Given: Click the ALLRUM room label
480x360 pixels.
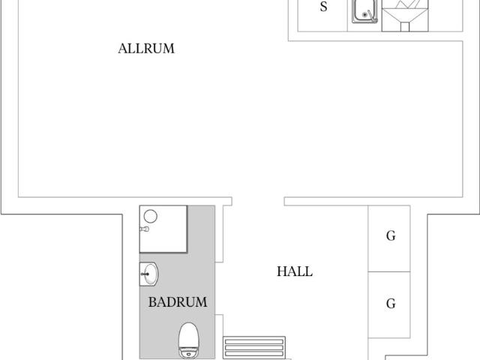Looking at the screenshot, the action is tap(146, 49).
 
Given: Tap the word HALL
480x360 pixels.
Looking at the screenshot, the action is tap(295, 271).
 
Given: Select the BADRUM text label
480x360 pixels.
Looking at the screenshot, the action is tap(178, 302).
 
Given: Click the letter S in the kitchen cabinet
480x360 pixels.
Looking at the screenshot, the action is tap(323, 7).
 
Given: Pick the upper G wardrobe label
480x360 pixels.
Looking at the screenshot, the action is tap(391, 235).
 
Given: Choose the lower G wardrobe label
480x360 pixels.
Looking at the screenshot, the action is tap(391, 304).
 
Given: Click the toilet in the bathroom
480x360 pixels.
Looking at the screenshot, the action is tap(189, 340).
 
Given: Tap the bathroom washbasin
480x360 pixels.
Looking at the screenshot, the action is tap(149, 274).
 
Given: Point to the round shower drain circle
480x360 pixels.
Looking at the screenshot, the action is tap(150, 216).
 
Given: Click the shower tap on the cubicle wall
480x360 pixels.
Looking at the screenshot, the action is tap(145, 229).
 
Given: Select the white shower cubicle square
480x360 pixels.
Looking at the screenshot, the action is tap(163, 229).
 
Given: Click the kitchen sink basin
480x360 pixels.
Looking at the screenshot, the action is tap(364, 11).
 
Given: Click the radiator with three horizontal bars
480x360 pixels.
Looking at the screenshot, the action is tap(254, 347).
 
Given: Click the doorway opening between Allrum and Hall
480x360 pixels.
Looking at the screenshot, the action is tap(258, 202).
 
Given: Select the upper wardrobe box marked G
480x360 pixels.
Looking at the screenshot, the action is tap(388, 238).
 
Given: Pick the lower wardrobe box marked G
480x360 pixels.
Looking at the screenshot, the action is tap(388, 304).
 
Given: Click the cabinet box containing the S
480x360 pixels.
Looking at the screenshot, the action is tap(322, 15).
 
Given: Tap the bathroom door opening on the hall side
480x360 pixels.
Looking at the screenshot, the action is tap(219, 288).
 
